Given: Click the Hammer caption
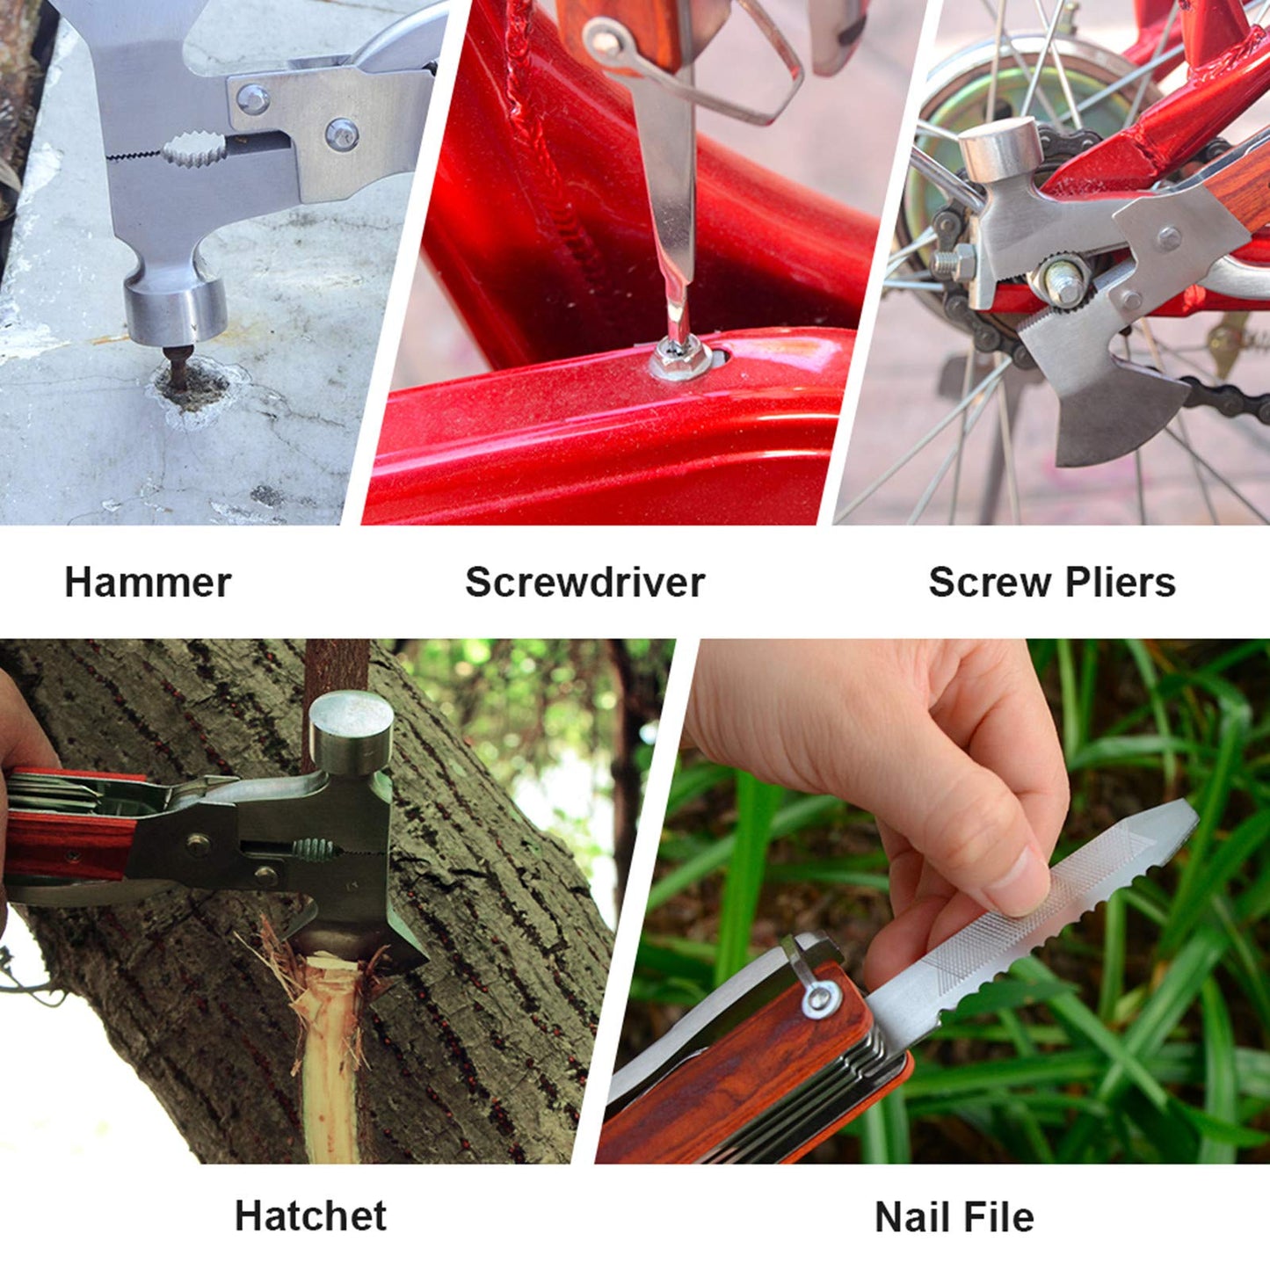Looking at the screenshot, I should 148,583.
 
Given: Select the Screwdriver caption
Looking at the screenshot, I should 584,583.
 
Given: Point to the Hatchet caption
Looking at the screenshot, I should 310,1216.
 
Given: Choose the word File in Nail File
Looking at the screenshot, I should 997,1217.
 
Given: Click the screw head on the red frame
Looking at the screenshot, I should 679,356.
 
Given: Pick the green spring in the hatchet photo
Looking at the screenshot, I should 314,850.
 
